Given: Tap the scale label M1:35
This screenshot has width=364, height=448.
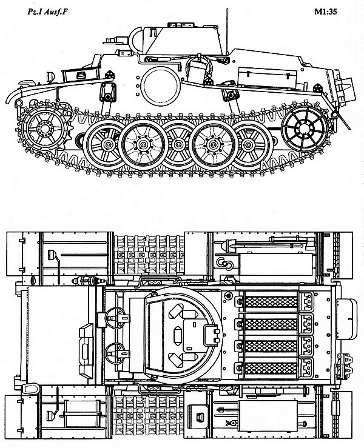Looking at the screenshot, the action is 325,12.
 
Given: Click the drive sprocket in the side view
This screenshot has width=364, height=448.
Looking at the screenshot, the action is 45,129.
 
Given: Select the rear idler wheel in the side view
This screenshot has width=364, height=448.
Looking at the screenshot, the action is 305,129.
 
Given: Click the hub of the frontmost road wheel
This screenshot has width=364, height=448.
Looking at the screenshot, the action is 107,144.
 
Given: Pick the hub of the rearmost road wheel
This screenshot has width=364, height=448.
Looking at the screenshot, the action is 248,145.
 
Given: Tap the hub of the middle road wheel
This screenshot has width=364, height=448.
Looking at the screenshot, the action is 178,145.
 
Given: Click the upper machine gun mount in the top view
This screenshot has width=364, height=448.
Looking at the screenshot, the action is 115,318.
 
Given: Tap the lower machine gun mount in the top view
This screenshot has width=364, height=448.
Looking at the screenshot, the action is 115,353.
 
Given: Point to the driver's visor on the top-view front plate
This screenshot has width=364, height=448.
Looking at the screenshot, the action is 86,349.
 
